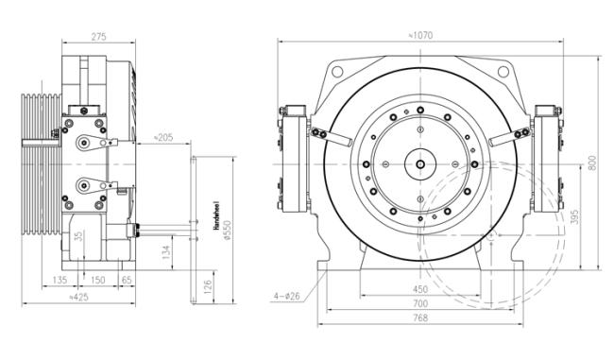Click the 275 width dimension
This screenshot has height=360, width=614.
click(98, 37)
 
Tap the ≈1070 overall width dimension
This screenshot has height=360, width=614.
click(420, 36)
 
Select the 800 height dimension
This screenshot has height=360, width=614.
click(592, 163)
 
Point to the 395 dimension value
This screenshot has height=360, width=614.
click(574, 216)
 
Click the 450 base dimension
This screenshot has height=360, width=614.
click(420, 289)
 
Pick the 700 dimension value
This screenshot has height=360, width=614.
click(420, 303)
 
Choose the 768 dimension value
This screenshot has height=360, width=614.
click(420, 318)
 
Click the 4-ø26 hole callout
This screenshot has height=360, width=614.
click(286, 297)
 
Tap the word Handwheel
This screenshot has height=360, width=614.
click(216, 215)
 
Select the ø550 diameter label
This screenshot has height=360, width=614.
click(228, 231)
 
